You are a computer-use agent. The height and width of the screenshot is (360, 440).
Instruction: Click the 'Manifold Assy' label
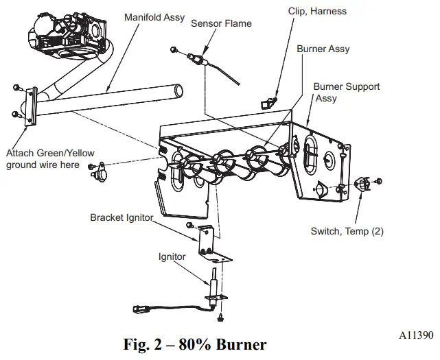154,16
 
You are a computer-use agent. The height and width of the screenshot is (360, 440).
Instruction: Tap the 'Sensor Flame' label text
221,23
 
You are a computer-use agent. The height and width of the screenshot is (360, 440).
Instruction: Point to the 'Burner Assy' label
323,49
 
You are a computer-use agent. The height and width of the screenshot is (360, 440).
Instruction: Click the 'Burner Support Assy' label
346,93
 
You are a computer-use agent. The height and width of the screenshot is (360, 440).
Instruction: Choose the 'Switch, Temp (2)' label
347,232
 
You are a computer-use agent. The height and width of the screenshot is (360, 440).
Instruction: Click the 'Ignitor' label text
172,257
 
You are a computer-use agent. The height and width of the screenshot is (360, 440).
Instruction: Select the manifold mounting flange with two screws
28,106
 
